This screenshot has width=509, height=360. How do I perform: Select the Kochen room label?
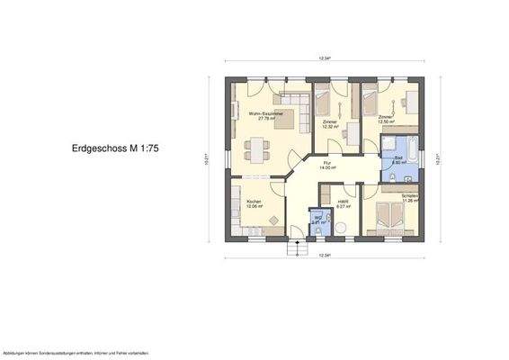pyautogui.click(x=253, y=203)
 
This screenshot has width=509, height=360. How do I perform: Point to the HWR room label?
pyautogui.click(x=343, y=204)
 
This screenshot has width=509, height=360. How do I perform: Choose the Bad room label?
pyautogui.click(x=398, y=159)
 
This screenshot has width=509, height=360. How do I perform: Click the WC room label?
pyautogui.click(x=317, y=219)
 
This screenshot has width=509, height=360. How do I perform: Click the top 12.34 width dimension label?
pyautogui.click(x=325, y=58)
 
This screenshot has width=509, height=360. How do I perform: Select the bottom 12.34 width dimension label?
pyautogui.click(x=325, y=256)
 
